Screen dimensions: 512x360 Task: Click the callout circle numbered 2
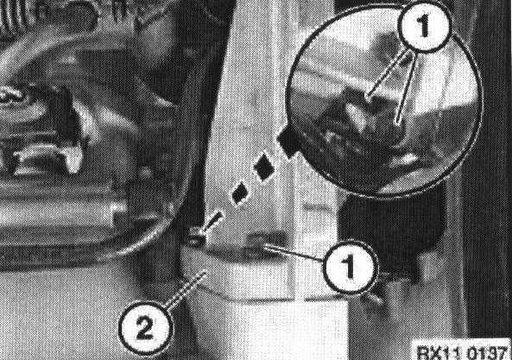[145, 328]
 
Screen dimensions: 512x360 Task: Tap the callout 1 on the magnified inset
[424, 26]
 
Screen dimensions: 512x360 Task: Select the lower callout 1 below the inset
[351, 267]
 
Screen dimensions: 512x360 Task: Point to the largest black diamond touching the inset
[289, 140]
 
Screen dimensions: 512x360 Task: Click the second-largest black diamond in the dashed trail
[264, 167]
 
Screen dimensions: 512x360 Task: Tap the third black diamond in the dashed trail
[240, 193]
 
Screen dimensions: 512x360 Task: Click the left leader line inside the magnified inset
[388, 74]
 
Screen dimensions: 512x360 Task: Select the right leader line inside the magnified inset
[406, 87]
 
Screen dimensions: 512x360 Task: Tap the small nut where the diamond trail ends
[196, 237]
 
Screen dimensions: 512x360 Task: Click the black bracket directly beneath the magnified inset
[391, 229]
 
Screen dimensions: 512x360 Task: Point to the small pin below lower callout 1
[374, 298]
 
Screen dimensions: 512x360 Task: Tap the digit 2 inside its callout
[145, 328]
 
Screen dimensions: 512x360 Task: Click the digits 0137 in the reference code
[487, 352]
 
